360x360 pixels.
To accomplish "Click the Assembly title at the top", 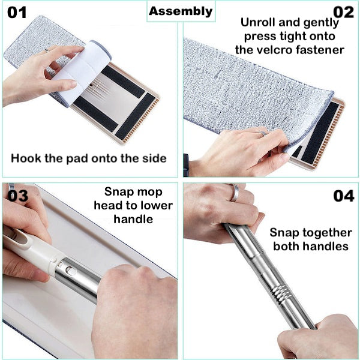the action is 181,11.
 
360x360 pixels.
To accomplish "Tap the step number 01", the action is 17,13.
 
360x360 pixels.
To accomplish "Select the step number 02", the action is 343,13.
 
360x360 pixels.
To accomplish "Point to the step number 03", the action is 18,196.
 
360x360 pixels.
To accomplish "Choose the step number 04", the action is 344,196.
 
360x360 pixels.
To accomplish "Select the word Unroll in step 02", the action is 258,22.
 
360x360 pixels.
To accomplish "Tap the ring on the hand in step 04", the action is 235,193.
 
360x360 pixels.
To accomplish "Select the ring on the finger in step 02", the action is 262,133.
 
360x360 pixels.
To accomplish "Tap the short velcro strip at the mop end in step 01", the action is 136,116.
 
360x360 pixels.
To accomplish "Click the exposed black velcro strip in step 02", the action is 320,133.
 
